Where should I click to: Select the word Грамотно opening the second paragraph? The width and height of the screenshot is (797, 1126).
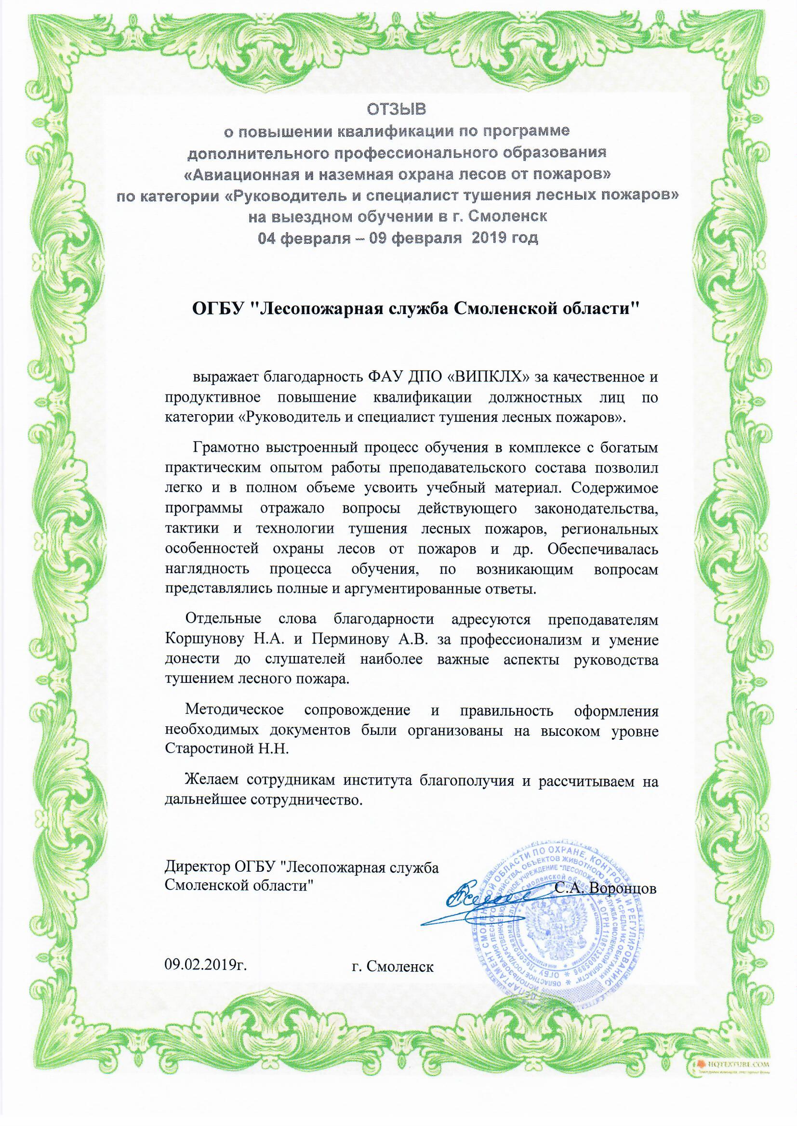(225, 448)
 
